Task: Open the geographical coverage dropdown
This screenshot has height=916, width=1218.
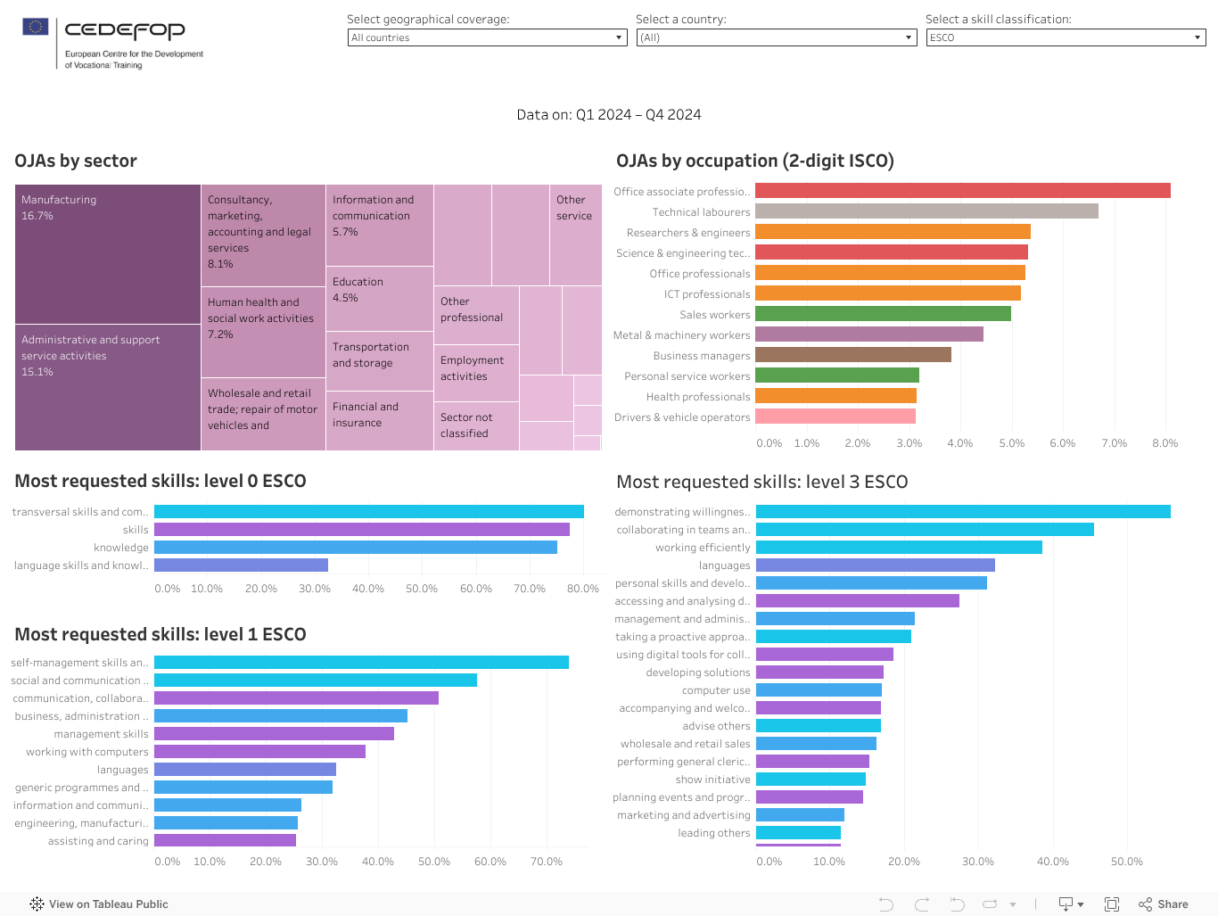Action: pos(487,37)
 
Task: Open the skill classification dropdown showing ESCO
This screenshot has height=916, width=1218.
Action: pos(1066,37)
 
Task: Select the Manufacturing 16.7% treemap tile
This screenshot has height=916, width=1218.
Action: pos(107,254)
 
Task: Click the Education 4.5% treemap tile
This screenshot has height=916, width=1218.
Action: pos(379,299)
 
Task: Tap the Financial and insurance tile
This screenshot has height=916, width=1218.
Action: pos(379,420)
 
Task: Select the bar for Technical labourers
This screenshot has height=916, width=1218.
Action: pos(926,211)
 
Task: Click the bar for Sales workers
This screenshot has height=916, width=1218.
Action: pos(883,314)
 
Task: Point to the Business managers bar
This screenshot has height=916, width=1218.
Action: pos(853,355)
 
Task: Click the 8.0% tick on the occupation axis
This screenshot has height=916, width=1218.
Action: pos(1165,443)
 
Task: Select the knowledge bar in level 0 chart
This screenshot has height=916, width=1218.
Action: pos(355,548)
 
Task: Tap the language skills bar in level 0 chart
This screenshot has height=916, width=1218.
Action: pos(241,565)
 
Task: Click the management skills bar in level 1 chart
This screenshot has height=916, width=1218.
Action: pos(274,734)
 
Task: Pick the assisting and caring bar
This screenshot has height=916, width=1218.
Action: pos(225,841)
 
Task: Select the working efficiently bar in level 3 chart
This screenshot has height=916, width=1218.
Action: pos(899,548)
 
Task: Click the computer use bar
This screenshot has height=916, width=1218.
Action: pos(819,690)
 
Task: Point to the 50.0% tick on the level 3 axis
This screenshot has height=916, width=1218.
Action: pos(1126,862)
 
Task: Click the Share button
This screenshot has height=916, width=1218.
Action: pos(1164,904)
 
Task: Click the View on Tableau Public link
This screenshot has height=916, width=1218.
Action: pos(99,904)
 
